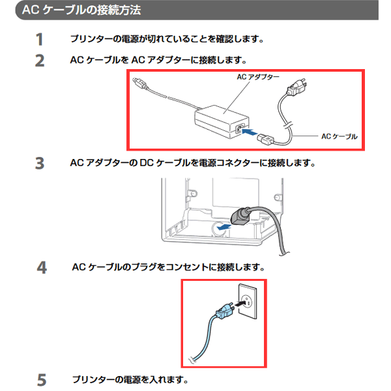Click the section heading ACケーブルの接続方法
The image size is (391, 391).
[x=81, y=10]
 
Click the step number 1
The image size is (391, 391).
[x=39, y=39]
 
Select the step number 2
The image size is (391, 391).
[x=40, y=61]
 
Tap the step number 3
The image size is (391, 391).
[x=40, y=164]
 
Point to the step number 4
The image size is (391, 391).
[x=42, y=268]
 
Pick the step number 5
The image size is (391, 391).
[x=42, y=380]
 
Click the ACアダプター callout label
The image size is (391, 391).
[x=258, y=77]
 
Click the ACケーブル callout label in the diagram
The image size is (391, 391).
[x=339, y=136]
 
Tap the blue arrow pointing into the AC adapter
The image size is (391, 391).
[x=250, y=132]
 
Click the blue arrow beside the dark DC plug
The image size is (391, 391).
[x=224, y=227]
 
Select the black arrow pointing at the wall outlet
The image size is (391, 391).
[x=240, y=304]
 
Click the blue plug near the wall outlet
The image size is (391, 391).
[x=225, y=311]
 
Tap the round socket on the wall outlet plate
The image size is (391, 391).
[x=246, y=301]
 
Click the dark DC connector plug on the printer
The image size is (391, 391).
[x=240, y=216]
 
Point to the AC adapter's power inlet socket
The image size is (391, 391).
[x=239, y=129]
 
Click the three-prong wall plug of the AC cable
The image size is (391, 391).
[x=297, y=87]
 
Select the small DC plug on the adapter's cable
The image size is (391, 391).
[x=139, y=83]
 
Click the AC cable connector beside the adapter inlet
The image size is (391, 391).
[x=265, y=139]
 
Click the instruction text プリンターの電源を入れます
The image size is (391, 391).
[x=130, y=380]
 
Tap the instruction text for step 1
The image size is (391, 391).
[x=167, y=39]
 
